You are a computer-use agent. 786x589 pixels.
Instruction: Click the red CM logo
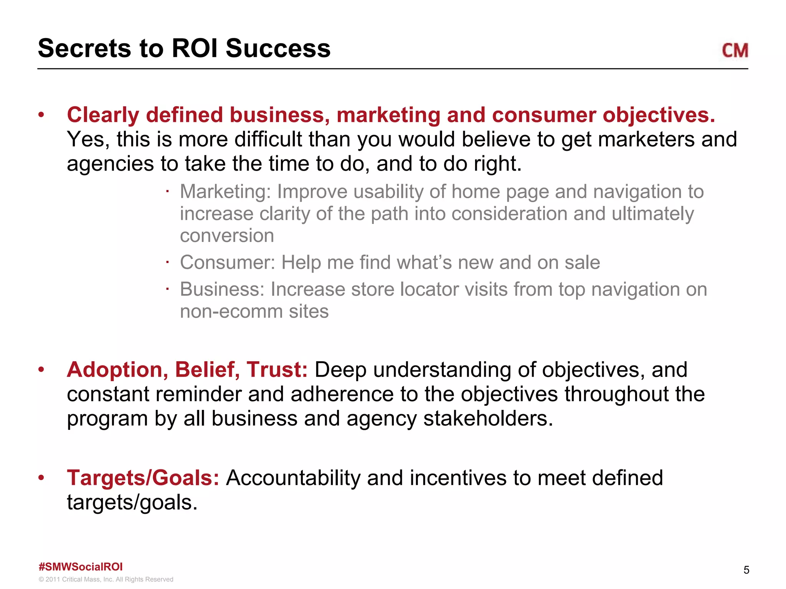(735, 51)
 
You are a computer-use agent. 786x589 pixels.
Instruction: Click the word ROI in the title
(195, 49)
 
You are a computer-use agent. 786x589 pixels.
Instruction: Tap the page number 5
(746, 570)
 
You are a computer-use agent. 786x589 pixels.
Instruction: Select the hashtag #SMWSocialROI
(81, 567)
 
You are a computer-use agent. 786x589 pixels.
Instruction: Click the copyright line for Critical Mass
(106, 579)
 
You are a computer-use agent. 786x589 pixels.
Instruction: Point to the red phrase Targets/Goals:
(143, 478)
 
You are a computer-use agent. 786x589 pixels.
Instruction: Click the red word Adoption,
(117, 370)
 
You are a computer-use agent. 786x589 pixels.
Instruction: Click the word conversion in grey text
(227, 235)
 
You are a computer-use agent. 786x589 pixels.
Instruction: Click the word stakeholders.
(488, 418)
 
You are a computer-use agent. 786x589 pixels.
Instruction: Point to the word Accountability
(293, 478)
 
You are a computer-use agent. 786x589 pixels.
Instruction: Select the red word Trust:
(277, 370)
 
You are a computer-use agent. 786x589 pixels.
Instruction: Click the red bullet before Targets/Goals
(41, 478)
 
